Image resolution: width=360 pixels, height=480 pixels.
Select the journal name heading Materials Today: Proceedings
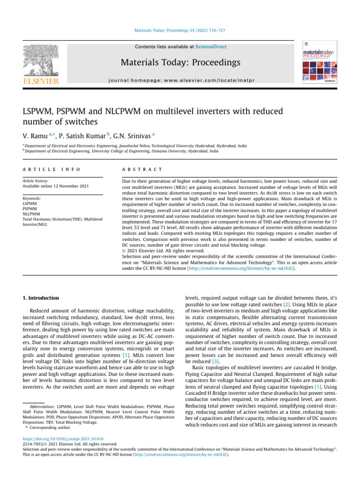pyautogui.click(x=180, y=62)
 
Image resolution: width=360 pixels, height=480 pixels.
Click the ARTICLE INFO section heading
pyautogui.click(x=51, y=169)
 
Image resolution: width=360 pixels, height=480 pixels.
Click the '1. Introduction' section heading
pyautogui.click(x=41, y=298)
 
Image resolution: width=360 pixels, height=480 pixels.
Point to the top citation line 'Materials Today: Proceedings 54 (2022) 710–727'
pyautogui.click(x=180, y=30)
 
